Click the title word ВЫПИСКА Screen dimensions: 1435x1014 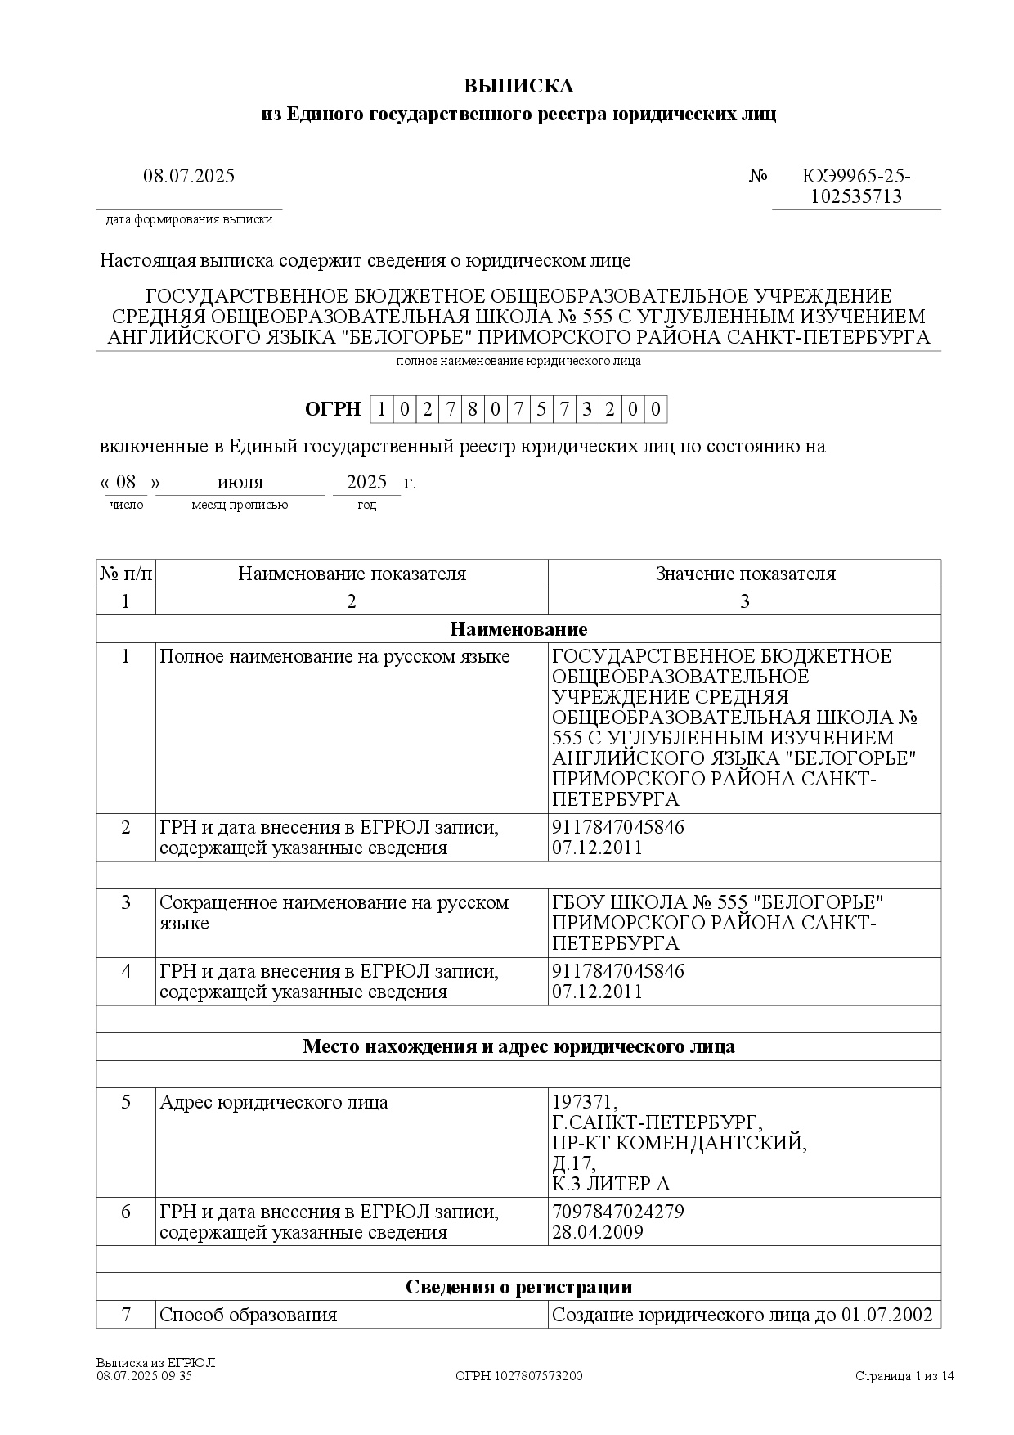[518, 86]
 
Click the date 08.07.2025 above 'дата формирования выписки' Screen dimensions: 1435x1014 [189, 176]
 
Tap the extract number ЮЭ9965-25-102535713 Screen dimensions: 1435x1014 [856, 187]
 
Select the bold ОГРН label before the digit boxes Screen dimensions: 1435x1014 [332, 409]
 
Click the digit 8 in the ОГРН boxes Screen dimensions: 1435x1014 [473, 409]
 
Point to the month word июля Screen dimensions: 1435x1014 [240, 482]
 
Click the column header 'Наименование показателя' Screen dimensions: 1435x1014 [352, 574]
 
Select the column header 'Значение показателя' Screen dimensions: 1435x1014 [745, 574]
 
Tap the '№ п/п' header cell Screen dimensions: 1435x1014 [126, 574]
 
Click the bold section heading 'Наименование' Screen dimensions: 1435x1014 [518, 629]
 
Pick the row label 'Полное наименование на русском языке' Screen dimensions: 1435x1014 [334, 657]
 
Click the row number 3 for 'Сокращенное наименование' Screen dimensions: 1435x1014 [126, 902]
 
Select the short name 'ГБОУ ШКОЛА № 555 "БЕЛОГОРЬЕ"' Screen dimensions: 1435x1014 [718, 902]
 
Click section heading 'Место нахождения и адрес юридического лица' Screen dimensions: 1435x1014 [518, 1046]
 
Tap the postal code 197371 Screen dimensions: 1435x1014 [585, 1102]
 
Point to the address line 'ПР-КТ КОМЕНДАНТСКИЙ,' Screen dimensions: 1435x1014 [680, 1143]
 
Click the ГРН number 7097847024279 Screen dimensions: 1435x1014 [618, 1212]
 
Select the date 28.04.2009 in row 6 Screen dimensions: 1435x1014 [598, 1232]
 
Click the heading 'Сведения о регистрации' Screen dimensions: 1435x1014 [518, 1287]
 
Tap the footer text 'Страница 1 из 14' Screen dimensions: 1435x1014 [904, 1376]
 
